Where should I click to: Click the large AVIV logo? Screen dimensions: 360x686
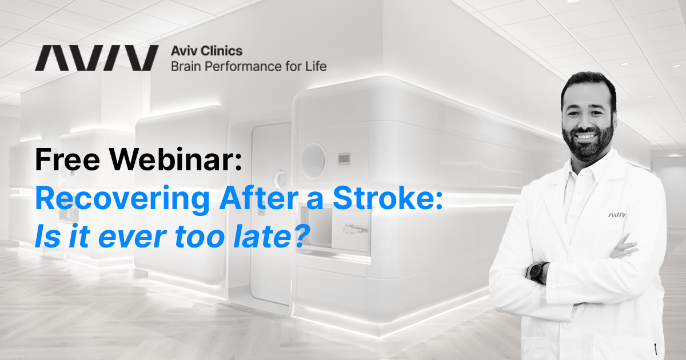(97, 58)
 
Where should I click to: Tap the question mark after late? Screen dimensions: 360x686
(294, 236)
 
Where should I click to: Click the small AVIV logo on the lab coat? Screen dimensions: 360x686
(617, 215)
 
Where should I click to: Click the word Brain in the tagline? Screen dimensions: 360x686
(188, 66)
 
